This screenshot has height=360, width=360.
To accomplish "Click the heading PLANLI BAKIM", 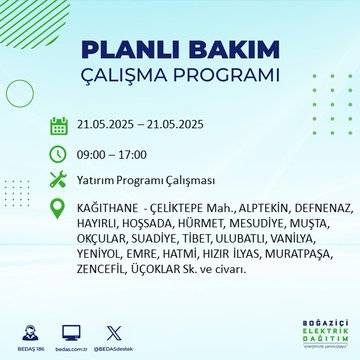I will coord(179,50).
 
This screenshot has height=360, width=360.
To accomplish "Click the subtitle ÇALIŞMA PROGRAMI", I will coord(179,77).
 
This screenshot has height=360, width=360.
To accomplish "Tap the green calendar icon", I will coord(59,126).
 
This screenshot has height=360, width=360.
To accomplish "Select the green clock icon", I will coord(59,154).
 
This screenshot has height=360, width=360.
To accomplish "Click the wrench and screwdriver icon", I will coord(59,181).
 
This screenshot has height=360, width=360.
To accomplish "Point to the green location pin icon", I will coord(59,209).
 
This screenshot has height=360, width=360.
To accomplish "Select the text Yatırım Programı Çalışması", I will coord(147,181).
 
